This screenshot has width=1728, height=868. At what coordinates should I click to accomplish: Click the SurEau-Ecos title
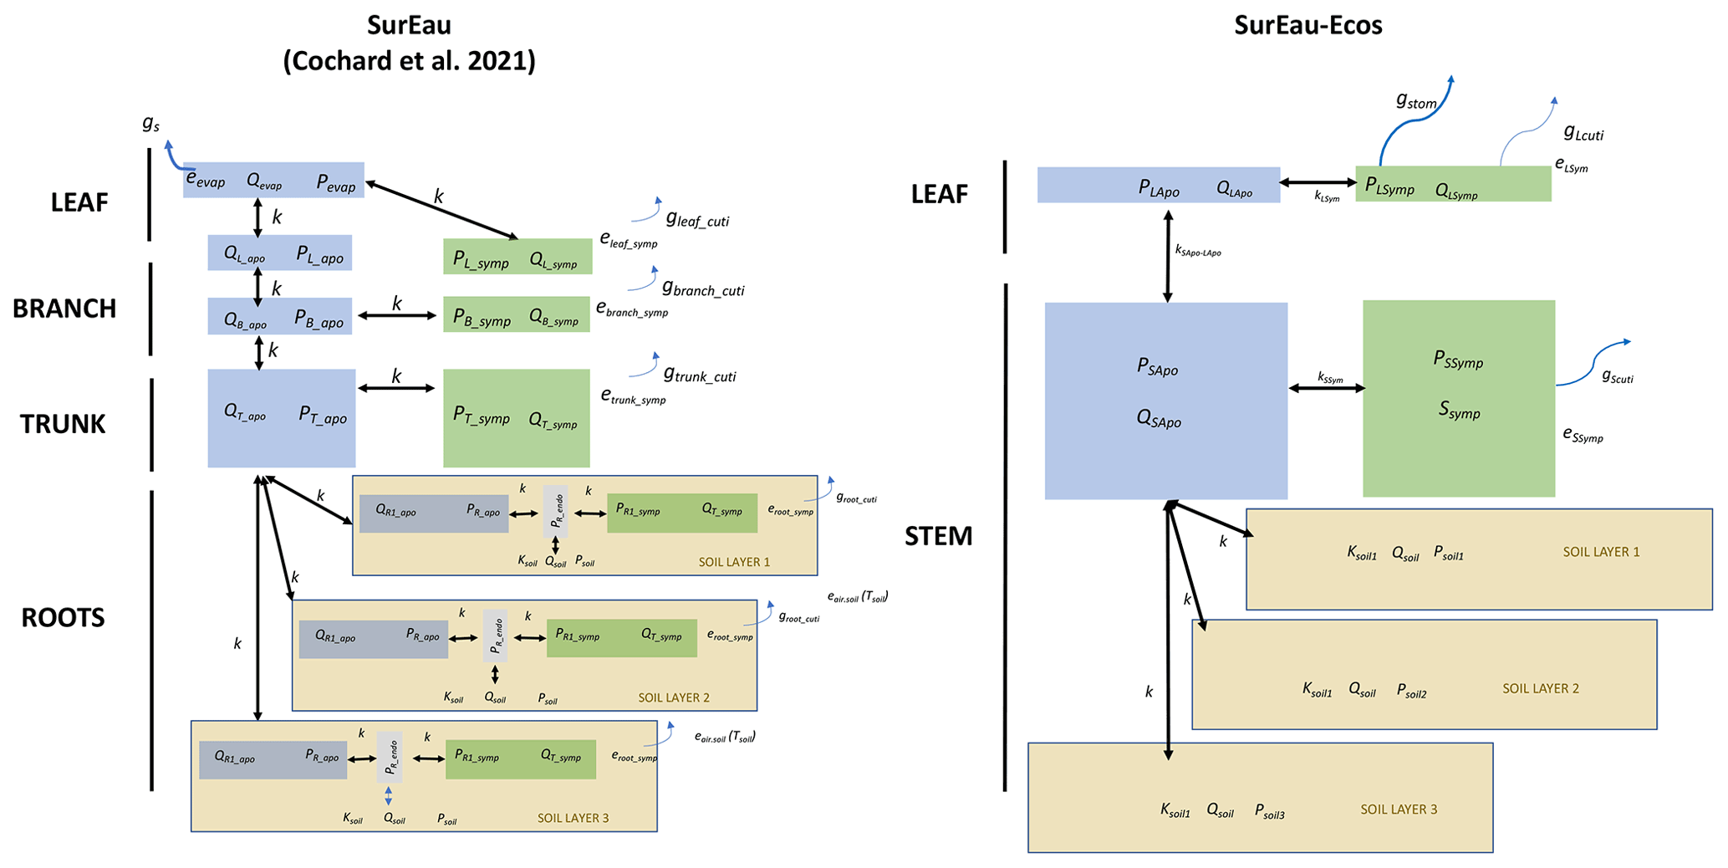[x=1307, y=25]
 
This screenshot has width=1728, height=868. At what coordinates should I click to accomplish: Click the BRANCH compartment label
[x=64, y=309]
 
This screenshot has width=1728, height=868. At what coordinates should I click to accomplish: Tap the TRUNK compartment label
[x=63, y=424]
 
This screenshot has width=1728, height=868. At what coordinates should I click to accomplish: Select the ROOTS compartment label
[x=63, y=617]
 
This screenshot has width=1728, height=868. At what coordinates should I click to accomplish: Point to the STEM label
[x=938, y=536]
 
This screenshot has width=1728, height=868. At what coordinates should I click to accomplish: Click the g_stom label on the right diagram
[x=1416, y=101]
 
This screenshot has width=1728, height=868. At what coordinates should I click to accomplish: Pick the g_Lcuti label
[x=1583, y=133]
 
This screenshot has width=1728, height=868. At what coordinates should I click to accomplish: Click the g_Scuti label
[x=1617, y=377]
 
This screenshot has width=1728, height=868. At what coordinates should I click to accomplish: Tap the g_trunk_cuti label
[x=699, y=375]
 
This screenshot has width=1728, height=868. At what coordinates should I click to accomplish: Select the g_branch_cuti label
[x=702, y=289]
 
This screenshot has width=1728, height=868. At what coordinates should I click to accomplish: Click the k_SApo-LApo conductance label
[x=1197, y=250]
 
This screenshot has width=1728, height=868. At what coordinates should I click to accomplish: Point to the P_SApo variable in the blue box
[x=1157, y=366]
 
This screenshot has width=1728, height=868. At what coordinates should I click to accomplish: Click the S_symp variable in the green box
[x=1459, y=410]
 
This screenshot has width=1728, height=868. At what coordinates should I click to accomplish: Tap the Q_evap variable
[x=264, y=181]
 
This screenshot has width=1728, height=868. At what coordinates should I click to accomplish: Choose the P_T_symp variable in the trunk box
[x=481, y=415]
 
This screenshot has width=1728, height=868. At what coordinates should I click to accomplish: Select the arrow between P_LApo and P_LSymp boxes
[x=1318, y=182]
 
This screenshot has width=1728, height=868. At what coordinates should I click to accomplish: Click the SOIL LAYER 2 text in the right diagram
[x=1540, y=688]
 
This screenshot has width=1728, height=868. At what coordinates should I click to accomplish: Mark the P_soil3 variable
[x=1269, y=810]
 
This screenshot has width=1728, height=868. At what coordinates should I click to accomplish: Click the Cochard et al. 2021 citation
[x=409, y=61]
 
